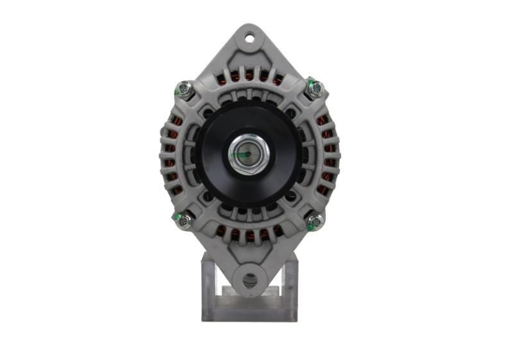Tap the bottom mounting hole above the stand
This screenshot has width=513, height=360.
(x=249, y=280)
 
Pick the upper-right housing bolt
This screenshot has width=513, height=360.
(x=314, y=89)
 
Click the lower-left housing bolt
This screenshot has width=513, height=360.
(x=183, y=221)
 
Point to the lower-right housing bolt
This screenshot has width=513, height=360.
(x=315, y=222)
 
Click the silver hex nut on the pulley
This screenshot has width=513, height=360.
(x=249, y=155)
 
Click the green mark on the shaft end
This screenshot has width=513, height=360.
(x=244, y=155)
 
